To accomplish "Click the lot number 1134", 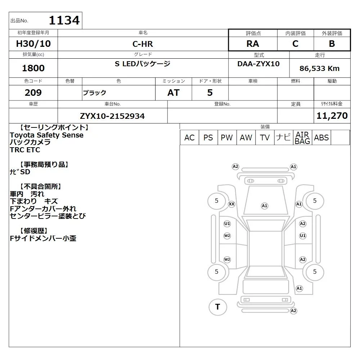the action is tap(64, 20).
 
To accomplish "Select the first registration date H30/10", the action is tap(33, 44).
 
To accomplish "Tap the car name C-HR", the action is tap(143, 44).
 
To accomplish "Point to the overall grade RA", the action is tap(253, 44).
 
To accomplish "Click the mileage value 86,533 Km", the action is tap(319, 68).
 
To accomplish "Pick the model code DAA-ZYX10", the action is tap(258, 64).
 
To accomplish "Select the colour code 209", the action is tap(33, 93).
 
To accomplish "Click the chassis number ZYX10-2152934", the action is tap(112, 116).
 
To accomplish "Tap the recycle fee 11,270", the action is tap(332, 116).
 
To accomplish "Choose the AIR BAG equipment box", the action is tap(302, 138).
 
